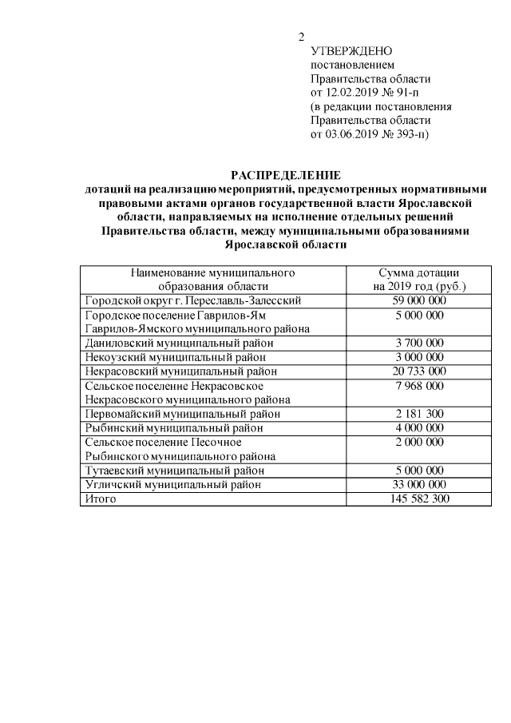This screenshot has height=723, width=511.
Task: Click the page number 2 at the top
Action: (x=302, y=37)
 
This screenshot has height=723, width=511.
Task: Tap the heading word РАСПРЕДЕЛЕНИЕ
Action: (x=286, y=175)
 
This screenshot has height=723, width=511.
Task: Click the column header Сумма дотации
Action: (x=418, y=272)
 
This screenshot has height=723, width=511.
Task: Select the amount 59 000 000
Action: (x=419, y=300)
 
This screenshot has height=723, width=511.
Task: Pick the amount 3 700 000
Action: (x=419, y=343)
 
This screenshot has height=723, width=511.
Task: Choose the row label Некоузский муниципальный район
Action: (x=175, y=357)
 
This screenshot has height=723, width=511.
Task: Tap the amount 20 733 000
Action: (x=419, y=371)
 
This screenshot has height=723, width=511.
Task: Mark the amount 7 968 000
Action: (x=419, y=385)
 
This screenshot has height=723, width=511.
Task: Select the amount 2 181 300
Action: (x=419, y=414)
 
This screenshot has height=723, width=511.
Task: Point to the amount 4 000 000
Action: (x=419, y=427)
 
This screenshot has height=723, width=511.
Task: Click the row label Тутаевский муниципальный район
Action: (x=175, y=471)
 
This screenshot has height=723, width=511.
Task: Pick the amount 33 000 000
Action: (x=419, y=484)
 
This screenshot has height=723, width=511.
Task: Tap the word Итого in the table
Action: (x=101, y=499)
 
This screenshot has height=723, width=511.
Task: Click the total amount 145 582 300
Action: (x=419, y=499)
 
